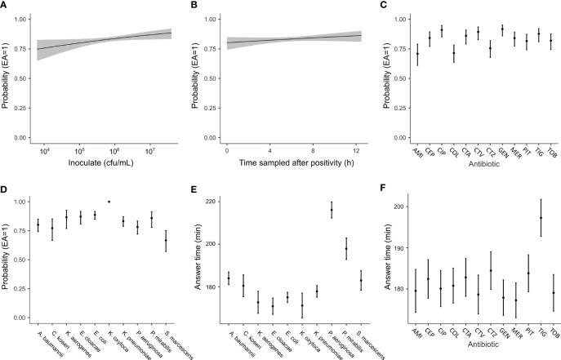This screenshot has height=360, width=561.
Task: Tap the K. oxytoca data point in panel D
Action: click(109, 201)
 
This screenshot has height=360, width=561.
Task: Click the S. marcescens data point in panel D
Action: click(167, 240)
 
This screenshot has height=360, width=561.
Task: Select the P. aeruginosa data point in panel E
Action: click(332, 210)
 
